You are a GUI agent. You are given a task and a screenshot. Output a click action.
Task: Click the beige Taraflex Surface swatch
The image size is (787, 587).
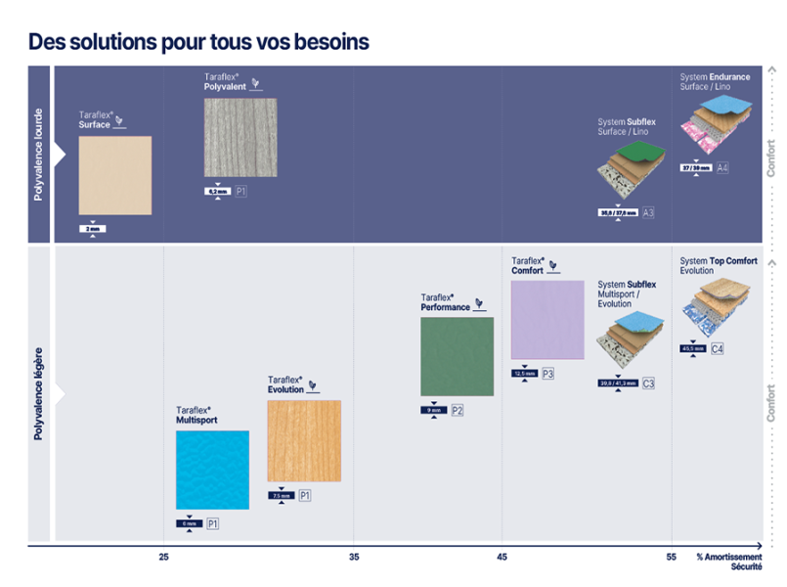pyautogui.click(x=115, y=175)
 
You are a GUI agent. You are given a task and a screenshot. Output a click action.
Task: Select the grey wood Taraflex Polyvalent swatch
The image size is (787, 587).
pyautogui.click(x=240, y=137)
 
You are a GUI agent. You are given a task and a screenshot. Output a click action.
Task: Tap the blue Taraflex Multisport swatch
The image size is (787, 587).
pyautogui.click(x=212, y=470)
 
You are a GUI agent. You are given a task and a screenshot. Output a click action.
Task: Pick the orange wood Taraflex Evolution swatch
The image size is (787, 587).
pyautogui.click(x=304, y=441)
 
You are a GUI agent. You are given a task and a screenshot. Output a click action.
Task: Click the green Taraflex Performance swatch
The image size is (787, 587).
pyautogui.click(x=457, y=356)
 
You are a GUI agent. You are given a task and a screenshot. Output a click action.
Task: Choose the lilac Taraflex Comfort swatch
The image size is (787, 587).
pyautogui.click(x=547, y=320)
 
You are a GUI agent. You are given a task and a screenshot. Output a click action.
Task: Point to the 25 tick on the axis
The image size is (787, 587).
pyautogui.click(x=164, y=557)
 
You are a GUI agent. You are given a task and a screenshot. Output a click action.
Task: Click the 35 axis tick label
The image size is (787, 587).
pyautogui.click(x=354, y=557)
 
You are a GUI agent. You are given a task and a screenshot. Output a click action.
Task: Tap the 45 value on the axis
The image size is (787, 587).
pyautogui.click(x=503, y=557)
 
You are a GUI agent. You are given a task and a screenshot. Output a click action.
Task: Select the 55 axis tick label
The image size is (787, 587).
pyautogui.click(x=672, y=557)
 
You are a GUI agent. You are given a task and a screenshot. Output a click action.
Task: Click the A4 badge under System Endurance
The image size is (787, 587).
pyautogui.click(x=722, y=168)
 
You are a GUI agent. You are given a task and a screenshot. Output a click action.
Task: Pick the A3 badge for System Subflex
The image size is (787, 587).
pyautogui.click(x=648, y=212)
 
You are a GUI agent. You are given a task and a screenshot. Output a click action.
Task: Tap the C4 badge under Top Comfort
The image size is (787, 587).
pyautogui.click(x=718, y=349)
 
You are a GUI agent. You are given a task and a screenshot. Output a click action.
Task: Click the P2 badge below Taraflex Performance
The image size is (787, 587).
pyautogui.click(x=458, y=411)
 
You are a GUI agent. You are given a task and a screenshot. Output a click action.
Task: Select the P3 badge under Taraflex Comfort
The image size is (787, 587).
pyautogui.click(x=547, y=374)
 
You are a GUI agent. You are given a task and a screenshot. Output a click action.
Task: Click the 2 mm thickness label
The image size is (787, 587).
pyautogui.click(x=92, y=229)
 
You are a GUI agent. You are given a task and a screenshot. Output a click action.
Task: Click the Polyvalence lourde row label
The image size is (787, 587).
pyautogui.click(x=39, y=155)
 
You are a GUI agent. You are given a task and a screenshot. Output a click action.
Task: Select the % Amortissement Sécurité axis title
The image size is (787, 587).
pyautogui.click(x=728, y=562)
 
